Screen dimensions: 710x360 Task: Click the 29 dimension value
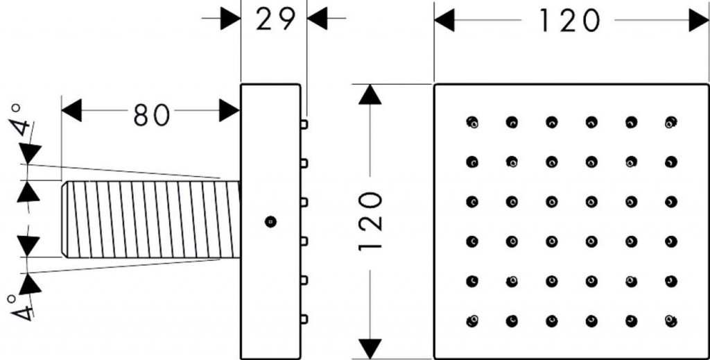(x=276, y=19)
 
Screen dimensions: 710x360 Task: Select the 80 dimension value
(x=152, y=115)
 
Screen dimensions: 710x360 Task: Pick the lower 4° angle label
(x=20, y=307)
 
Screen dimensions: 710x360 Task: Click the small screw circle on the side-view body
(x=270, y=221)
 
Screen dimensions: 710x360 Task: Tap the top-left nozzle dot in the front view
(x=471, y=122)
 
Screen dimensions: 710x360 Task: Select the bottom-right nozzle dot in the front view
(x=671, y=321)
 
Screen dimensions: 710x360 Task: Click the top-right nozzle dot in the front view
(x=671, y=122)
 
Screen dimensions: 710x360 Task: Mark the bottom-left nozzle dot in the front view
(x=471, y=321)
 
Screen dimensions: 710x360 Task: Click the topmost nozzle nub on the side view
(x=304, y=124)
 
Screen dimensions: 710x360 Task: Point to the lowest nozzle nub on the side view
(x=304, y=319)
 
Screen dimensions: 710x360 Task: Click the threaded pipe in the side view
(x=150, y=220)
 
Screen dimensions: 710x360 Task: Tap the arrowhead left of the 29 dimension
(x=230, y=19)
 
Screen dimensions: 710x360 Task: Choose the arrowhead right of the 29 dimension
(x=318, y=19)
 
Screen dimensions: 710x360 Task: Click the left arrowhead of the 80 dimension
(x=71, y=110)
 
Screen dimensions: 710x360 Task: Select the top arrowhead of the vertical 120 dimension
(x=370, y=94)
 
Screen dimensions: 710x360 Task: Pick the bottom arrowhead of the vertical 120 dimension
(x=370, y=349)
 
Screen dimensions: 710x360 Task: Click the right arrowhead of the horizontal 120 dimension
(x=699, y=21)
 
